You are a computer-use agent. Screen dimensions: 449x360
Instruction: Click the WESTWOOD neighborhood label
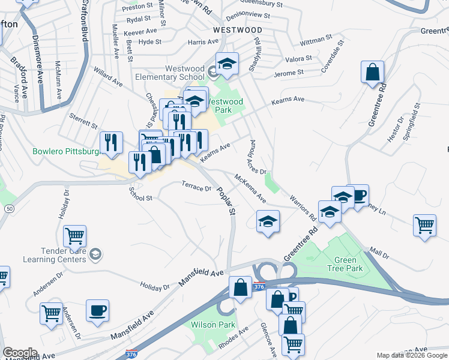(237, 29)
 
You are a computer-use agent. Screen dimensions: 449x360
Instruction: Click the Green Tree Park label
(348, 265)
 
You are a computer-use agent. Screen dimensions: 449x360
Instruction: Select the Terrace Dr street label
(197, 188)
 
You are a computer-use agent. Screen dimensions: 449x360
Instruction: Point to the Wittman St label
(316, 40)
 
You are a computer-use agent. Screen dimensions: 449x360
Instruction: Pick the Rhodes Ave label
(235, 339)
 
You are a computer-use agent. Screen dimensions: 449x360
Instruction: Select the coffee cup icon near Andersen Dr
(97, 310)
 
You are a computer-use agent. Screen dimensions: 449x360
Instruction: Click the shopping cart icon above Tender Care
(74, 236)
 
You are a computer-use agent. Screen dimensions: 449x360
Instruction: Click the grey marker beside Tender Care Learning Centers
(95, 256)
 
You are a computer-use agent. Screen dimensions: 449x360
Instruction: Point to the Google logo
(20, 353)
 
